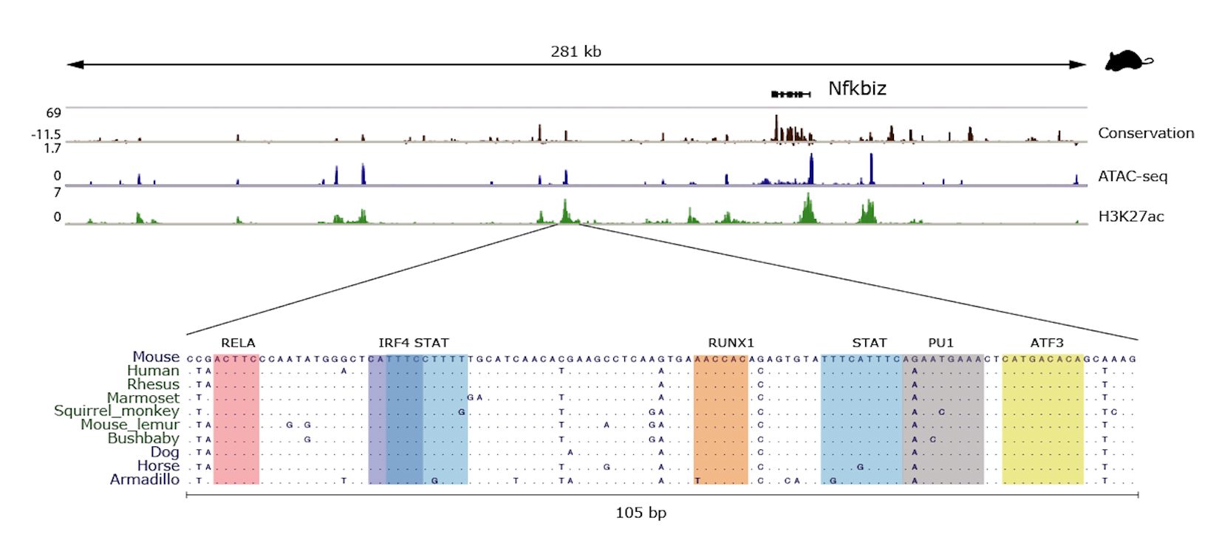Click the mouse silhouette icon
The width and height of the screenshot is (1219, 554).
coord(1128,61)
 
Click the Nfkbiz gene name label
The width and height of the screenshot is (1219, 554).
coord(857,89)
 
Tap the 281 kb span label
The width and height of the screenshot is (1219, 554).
coord(576,52)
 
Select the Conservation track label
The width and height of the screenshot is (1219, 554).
coord(1145,133)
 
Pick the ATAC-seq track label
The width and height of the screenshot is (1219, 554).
coord(1133,176)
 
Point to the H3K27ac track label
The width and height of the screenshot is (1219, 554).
coord(1130,216)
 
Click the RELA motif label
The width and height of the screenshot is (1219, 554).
coord(238,343)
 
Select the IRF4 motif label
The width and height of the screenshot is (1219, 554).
coord(394,343)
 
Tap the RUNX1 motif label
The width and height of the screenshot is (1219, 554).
coord(731,343)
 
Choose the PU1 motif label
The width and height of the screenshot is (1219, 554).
coord(940,343)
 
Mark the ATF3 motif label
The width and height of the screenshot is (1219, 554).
coord(1047,343)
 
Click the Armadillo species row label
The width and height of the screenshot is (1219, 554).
coord(145,480)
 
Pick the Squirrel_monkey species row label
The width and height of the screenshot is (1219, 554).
coord(117,411)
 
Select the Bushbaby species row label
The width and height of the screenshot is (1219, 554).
coord(143,439)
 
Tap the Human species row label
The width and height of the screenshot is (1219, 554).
coord(153,371)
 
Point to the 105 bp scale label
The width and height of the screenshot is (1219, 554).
coord(641,513)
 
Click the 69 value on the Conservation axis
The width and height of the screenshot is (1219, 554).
coord(54,113)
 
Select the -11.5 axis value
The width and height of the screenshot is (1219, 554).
coord(46,134)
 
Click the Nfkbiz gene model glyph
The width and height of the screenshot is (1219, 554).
coord(791,94)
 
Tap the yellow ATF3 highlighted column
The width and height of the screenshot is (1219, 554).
coord(1042,421)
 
